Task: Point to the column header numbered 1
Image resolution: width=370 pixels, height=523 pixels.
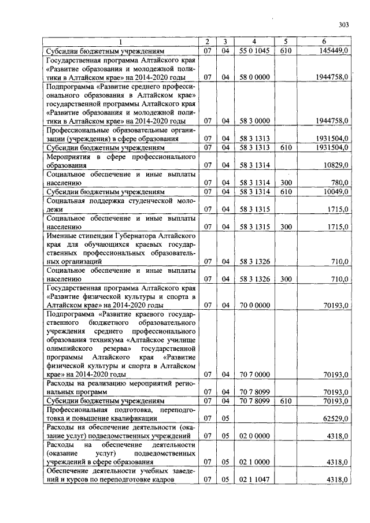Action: point(120,42)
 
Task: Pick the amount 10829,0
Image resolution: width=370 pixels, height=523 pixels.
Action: point(336,165)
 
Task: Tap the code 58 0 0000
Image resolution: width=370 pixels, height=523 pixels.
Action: point(254,77)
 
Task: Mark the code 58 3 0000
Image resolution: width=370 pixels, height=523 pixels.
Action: point(254,121)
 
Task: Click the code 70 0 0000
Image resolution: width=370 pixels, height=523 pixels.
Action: point(254,305)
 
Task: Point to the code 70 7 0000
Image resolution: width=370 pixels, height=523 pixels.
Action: point(254,374)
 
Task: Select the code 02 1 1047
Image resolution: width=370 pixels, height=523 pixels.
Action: point(254,479)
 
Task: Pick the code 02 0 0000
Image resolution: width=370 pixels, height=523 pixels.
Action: point(254,435)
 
